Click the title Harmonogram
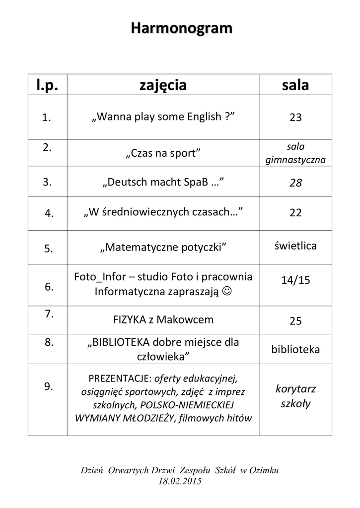181,29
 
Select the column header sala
295,85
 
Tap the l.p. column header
47,85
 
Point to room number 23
295,118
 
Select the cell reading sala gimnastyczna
295,153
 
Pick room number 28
295,183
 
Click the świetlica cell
295,246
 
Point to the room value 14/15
295,280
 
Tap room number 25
295,321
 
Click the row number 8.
48,342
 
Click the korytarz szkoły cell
295,396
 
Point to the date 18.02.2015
180,481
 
